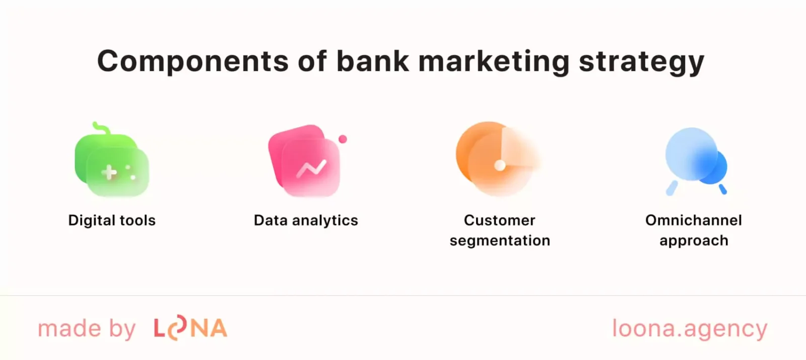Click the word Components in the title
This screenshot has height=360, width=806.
(x=193, y=61)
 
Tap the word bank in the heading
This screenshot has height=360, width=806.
(x=373, y=61)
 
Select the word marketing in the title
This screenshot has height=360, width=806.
(x=494, y=61)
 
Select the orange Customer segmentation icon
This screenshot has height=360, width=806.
(x=496, y=159)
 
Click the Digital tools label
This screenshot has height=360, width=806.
(x=112, y=221)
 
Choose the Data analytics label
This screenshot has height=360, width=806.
(x=306, y=221)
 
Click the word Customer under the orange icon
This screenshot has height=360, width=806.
(x=499, y=221)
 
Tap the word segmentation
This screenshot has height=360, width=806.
(x=500, y=241)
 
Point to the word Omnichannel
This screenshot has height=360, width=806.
(x=693, y=221)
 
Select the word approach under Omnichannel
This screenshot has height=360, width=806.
(x=694, y=241)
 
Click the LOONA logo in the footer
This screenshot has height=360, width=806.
(x=190, y=328)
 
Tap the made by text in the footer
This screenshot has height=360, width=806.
(x=87, y=329)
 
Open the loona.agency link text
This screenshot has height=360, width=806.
(x=690, y=329)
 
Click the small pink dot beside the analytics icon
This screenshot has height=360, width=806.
(x=343, y=139)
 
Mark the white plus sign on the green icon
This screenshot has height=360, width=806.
(x=109, y=173)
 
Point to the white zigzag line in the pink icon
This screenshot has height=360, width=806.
(x=311, y=169)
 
